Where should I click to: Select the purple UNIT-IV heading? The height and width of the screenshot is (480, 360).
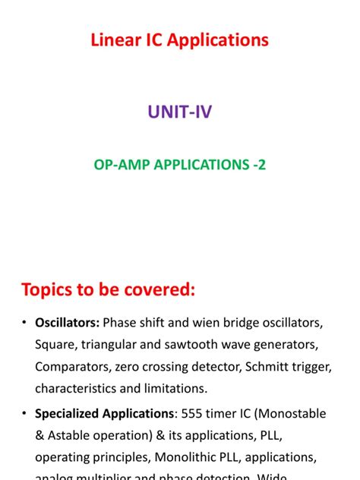179,113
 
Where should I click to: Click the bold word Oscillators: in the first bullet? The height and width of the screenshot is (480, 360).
67,323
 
